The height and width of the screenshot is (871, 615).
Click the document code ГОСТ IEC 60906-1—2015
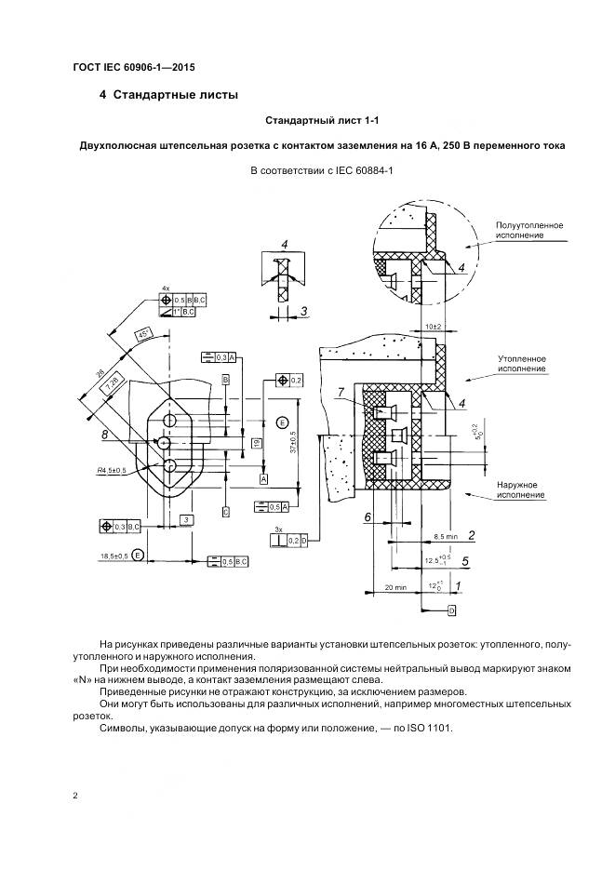132,67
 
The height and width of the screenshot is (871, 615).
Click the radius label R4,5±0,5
115,471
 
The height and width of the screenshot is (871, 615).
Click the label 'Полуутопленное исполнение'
529,231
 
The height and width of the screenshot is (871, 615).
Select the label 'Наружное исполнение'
520,489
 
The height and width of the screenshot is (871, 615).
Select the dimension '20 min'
395,587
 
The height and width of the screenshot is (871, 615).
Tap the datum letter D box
451,610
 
